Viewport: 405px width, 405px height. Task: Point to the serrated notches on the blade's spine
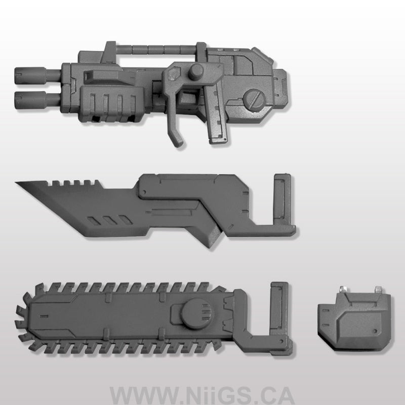click(76, 183)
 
